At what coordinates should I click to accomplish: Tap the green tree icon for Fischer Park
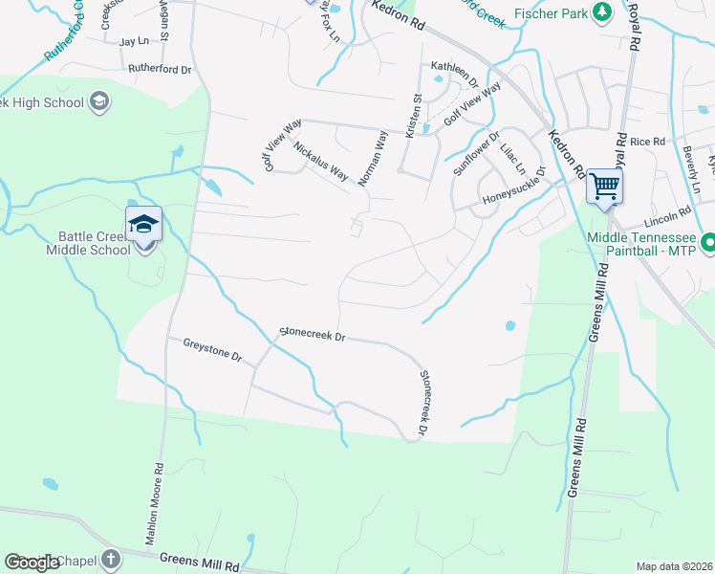(x=602, y=12)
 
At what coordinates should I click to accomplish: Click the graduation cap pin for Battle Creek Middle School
(x=143, y=226)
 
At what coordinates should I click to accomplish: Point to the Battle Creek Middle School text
(x=88, y=244)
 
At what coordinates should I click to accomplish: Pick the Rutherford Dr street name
(x=160, y=70)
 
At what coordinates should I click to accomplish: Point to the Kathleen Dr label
(x=454, y=68)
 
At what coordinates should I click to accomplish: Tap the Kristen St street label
(x=416, y=114)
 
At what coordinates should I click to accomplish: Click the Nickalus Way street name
(x=320, y=161)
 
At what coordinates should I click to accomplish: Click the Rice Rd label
(x=646, y=142)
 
